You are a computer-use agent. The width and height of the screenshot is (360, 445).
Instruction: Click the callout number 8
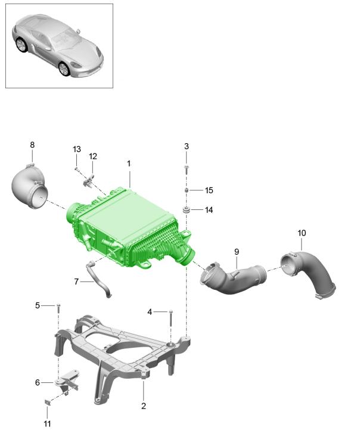pos(32,145)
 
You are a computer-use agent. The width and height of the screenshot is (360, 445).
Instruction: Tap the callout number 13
pos(77,149)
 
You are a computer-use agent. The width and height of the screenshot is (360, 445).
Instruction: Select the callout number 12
pos(93,156)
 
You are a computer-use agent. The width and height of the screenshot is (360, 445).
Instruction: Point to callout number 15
pos(209,190)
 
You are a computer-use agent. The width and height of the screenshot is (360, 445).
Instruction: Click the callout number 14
pos(209,210)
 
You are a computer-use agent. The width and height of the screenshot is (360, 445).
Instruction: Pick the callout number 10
pos(302,233)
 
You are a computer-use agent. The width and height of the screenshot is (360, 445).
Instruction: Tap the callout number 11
pos(47,424)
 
